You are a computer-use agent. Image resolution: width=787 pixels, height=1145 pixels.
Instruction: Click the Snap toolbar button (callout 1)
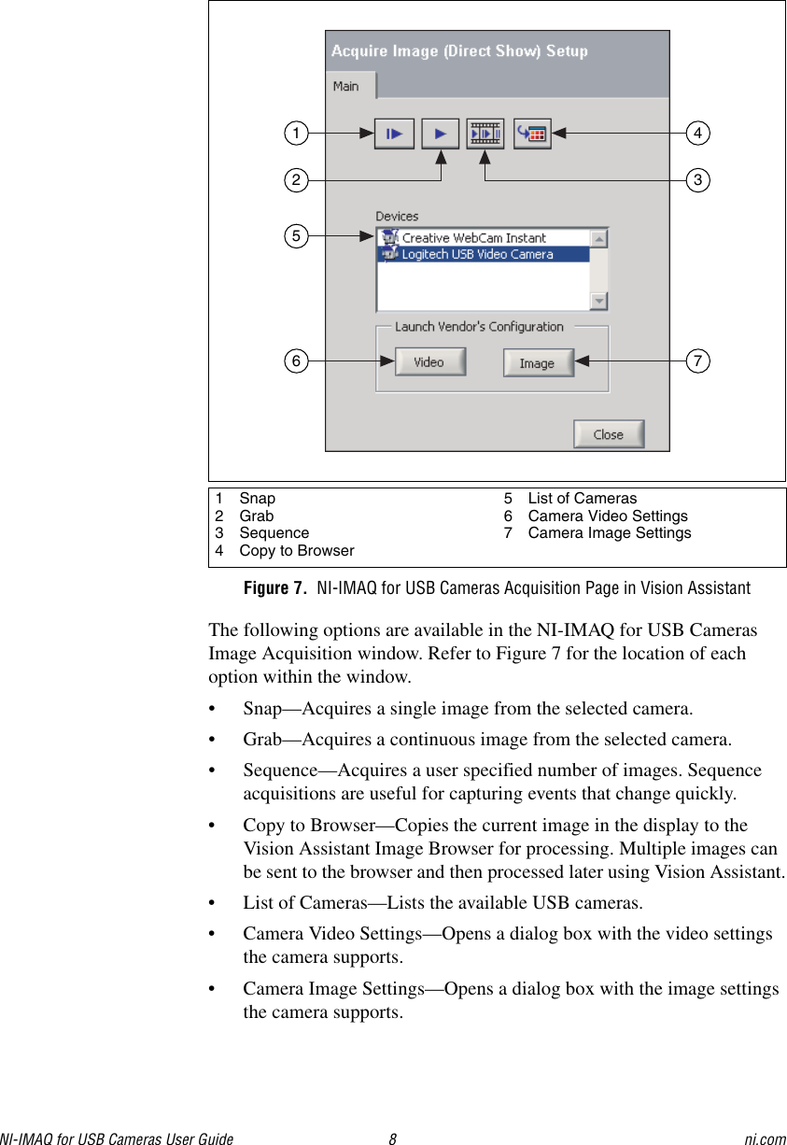394,134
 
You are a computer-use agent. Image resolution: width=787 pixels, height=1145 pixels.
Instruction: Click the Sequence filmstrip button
485,134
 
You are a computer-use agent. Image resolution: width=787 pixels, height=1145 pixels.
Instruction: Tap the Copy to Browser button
532,134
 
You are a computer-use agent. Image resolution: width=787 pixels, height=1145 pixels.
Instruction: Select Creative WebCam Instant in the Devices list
473,238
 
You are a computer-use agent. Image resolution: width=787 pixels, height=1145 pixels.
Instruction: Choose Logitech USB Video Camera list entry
477,254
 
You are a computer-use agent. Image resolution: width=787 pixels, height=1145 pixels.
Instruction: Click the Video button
429,362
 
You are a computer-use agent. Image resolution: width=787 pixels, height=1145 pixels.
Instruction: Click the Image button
538,363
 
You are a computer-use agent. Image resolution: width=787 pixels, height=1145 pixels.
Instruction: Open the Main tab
346,86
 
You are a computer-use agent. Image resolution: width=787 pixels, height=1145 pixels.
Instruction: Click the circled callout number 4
697,134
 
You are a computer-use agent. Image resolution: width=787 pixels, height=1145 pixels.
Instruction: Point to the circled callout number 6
296,360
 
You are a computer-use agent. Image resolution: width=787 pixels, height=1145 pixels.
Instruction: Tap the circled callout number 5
296,236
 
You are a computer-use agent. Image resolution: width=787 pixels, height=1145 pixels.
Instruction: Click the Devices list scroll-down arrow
598,301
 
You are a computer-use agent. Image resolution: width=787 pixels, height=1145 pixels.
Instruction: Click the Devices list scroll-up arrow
598,238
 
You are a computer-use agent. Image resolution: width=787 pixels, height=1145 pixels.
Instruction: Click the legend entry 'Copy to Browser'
296,551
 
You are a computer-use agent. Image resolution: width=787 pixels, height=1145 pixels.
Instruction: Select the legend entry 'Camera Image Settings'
609,533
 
